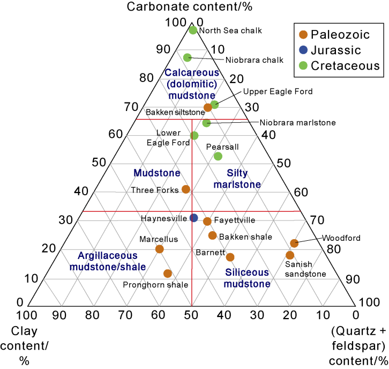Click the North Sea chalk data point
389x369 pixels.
[x=193, y=30]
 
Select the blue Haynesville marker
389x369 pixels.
[x=194, y=218]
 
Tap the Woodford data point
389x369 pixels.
[x=294, y=243]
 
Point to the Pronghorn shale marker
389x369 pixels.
[x=168, y=274]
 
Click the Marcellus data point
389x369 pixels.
[x=159, y=249]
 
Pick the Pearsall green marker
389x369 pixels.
[x=218, y=156]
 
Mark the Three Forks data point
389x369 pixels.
[x=186, y=189]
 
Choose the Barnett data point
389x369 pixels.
[x=230, y=257]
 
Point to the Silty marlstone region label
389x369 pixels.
[x=237, y=179]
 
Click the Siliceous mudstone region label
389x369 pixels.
[x=248, y=278]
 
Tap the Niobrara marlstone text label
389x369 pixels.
[x=297, y=122]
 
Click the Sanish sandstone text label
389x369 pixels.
[x=305, y=269]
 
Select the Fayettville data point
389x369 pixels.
[x=207, y=222]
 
